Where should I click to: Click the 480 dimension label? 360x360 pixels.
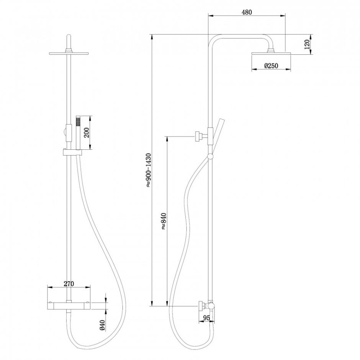247,12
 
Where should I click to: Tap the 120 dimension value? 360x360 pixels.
307,44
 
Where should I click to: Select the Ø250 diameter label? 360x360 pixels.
271,66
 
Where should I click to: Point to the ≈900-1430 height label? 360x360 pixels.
148,170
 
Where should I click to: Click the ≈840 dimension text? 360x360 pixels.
163,221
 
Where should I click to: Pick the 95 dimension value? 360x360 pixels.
207,318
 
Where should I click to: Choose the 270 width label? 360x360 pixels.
69,284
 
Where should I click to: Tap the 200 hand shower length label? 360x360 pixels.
86,132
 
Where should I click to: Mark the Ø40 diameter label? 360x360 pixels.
102,325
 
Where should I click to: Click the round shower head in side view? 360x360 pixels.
272,54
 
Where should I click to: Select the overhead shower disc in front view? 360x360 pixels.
69,54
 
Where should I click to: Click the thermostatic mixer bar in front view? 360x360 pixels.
69,305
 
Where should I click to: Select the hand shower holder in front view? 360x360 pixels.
72,152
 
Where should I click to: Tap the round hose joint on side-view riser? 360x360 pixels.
210,157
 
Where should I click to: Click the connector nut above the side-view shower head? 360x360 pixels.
271,50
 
